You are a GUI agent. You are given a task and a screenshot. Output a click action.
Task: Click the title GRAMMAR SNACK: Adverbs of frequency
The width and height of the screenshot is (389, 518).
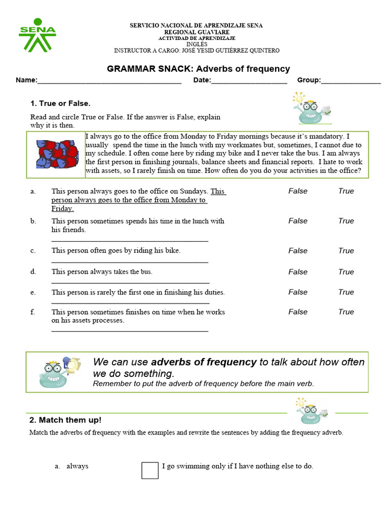click(198, 69)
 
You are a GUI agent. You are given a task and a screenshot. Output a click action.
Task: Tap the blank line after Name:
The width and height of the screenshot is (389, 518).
click(109, 80)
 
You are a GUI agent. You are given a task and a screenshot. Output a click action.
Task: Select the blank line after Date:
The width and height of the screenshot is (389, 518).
click(249, 80)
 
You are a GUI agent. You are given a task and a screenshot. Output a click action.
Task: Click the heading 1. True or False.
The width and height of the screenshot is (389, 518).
click(60, 104)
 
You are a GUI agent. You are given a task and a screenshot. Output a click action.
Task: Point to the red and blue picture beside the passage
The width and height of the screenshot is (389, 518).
click(57, 154)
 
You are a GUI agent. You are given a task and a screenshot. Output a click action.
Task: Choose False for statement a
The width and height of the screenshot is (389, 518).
click(298, 191)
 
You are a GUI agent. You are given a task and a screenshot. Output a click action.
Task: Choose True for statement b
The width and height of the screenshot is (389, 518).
click(346, 221)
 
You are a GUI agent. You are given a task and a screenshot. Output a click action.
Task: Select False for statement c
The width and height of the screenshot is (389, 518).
click(298, 251)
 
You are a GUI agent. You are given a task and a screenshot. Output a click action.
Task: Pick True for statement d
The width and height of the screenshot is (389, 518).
click(346, 272)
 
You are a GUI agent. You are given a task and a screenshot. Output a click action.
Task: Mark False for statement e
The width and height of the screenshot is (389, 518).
click(298, 292)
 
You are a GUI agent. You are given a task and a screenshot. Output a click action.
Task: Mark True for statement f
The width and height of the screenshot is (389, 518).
click(346, 312)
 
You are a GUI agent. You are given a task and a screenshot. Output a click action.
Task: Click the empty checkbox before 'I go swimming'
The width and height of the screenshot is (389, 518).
click(150, 470)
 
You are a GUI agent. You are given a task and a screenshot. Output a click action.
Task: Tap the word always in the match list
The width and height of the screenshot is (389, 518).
click(77, 466)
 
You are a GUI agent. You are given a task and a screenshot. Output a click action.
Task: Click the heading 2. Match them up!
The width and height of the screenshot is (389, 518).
click(65, 420)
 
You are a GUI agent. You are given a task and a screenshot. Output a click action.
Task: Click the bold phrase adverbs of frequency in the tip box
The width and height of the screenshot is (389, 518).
click(204, 362)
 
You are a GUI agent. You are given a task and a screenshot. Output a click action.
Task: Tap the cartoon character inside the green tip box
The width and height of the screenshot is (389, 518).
click(57, 372)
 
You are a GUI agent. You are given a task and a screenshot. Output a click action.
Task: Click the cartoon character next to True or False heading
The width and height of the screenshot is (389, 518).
click(310, 108)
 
